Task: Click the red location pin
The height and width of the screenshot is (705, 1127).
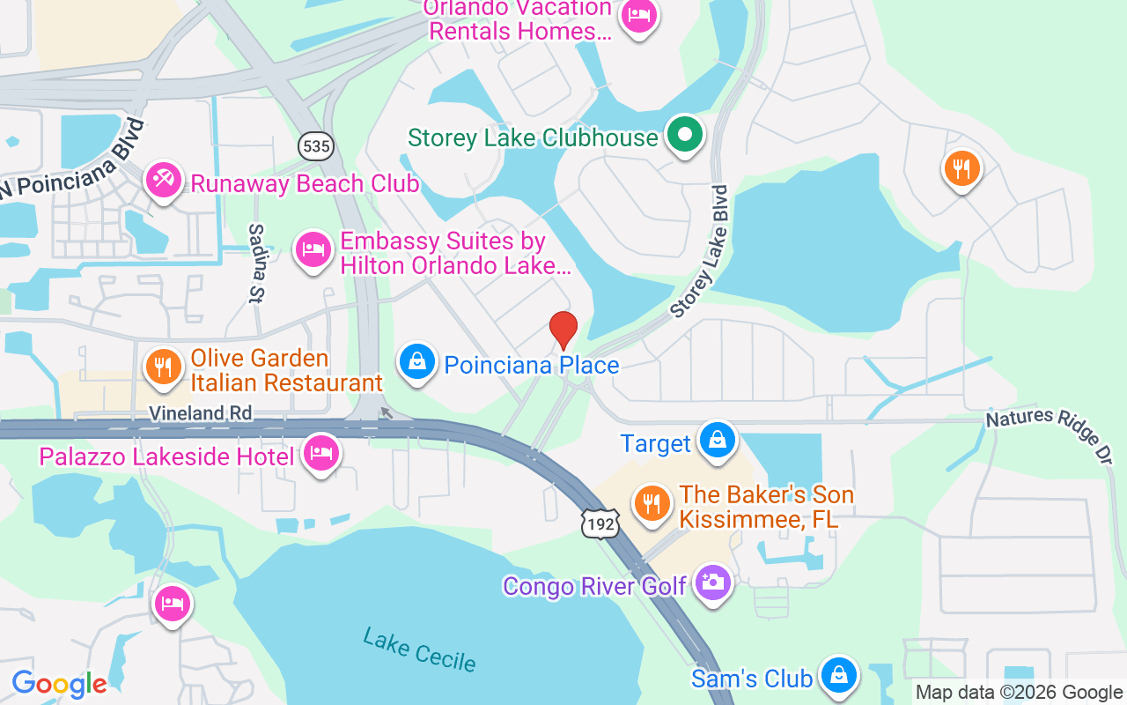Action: (563, 330)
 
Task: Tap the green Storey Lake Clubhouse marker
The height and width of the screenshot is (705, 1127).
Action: (685, 136)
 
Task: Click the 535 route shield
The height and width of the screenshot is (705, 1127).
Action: (315, 145)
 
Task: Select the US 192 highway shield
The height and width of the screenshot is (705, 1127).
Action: (600, 523)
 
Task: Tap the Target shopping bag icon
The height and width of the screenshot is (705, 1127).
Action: (718, 440)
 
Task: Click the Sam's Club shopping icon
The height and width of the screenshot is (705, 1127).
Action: (839, 676)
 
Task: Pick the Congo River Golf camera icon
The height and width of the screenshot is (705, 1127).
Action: (712, 583)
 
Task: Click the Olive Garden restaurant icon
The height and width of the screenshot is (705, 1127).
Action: (162, 367)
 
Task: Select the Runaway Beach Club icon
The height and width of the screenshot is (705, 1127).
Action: (163, 181)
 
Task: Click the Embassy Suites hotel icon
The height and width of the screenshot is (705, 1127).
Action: (312, 249)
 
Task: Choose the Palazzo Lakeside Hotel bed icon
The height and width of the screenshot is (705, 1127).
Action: (321, 454)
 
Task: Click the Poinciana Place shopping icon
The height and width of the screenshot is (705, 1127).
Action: (418, 361)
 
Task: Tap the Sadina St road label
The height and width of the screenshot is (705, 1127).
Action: (256, 263)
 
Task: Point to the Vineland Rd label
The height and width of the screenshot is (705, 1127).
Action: (200, 412)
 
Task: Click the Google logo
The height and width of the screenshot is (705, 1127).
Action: (59, 684)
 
